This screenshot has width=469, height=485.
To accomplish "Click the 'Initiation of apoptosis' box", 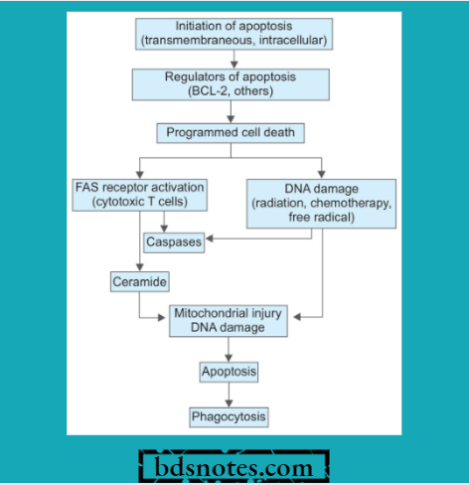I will click(234, 33).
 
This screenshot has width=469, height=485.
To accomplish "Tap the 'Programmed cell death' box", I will click(231, 132).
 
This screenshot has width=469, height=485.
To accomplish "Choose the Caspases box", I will click(174, 242).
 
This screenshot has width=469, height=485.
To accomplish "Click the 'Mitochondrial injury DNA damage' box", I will click(230, 319).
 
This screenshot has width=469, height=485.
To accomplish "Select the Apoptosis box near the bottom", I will click(230, 372).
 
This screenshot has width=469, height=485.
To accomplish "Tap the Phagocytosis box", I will click(230, 416).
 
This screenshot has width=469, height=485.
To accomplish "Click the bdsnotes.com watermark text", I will click(234, 466).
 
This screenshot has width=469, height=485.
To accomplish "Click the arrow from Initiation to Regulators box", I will click(234, 58).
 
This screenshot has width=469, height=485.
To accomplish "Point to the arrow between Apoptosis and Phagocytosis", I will click(230, 395).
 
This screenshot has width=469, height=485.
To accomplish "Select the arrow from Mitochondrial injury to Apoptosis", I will click(230, 348).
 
